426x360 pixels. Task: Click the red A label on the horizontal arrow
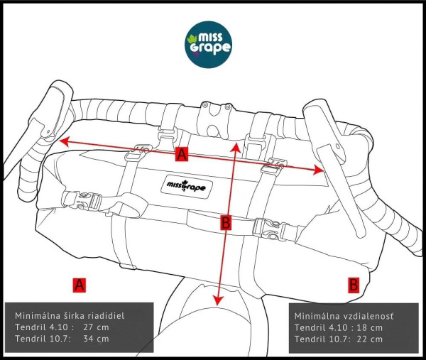pyautogui.click(x=182, y=155)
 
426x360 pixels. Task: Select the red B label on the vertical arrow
pyautogui.click(x=226, y=223)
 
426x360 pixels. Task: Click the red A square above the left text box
pyautogui.click(x=80, y=285)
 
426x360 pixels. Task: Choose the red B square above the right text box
pyautogui.click(x=353, y=285)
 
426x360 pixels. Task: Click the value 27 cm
pyautogui.click(x=96, y=327)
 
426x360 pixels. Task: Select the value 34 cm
pyautogui.click(x=96, y=339)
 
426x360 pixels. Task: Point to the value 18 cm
pyautogui.click(x=368, y=327)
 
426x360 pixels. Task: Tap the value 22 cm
pyautogui.click(x=368, y=339)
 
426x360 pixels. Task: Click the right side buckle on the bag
pyautogui.click(x=268, y=227)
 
